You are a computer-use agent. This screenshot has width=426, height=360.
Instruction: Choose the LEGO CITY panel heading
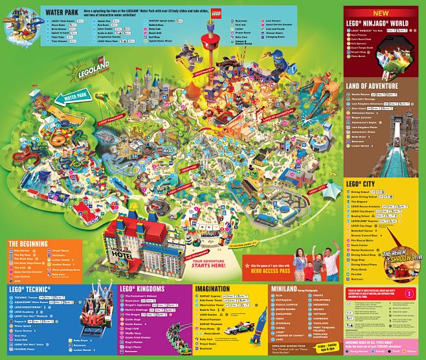[x=362, y=185]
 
